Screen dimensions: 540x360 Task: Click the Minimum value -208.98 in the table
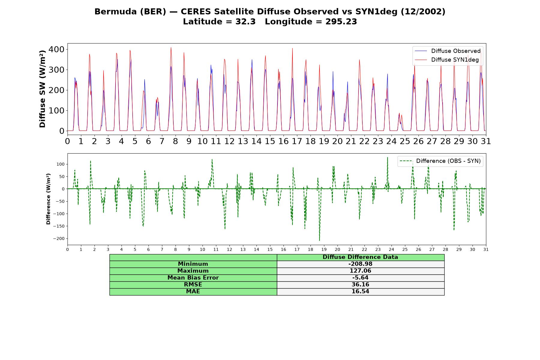(x=360, y=264)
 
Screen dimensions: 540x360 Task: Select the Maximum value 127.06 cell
(x=360, y=271)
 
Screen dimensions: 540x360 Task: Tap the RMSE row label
(x=193, y=285)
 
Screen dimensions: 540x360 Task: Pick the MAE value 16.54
(x=360, y=292)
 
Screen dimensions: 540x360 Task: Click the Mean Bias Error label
(x=193, y=278)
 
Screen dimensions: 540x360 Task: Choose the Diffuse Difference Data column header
(x=360, y=257)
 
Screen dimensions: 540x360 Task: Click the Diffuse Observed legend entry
(x=448, y=51)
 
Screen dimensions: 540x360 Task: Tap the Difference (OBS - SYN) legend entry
(x=440, y=161)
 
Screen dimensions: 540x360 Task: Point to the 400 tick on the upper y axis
(x=56, y=49)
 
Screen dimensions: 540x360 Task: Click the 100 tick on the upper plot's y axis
(x=56, y=111)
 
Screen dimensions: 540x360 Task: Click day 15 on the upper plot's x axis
(x=270, y=141)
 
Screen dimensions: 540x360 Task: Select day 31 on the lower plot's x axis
(x=486, y=250)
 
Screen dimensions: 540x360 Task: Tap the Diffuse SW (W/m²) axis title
(x=43, y=89)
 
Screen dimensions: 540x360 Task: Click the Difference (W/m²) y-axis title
(x=48, y=199)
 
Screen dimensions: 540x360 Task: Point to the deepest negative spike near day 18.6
(x=319, y=240)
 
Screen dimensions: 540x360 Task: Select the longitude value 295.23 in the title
(x=341, y=22)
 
